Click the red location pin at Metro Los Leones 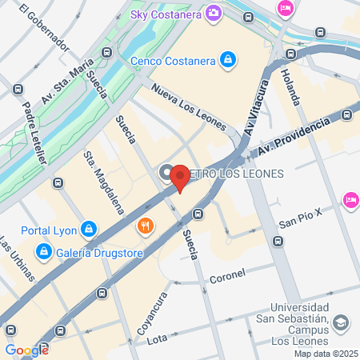pyautogui.click(x=181, y=177)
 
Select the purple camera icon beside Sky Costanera pyautogui.click(x=213, y=13)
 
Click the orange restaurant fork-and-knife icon pyautogui.click(x=145, y=225)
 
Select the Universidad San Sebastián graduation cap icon pyautogui.click(x=341, y=322)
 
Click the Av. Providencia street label pyautogui.click(x=294, y=138)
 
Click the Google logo pyautogui.click(x=26, y=350)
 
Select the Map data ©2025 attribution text pyautogui.click(x=325, y=354)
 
